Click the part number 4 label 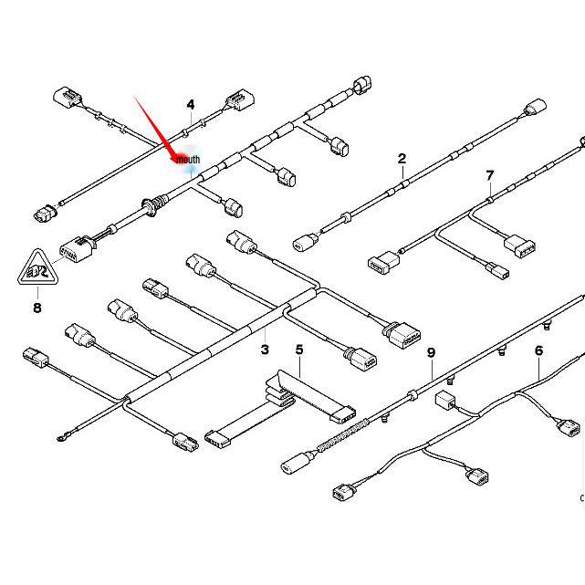pyautogui.click(x=191, y=105)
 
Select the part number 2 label pyautogui.click(x=402, y=159)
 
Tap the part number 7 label pyautogui.click(x=490, y=175)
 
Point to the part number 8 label pyautogui.click(x=37, y=308)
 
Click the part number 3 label pyautogui.click(x=265, y=350)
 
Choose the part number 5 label pyautogui.click(x=298, y=350)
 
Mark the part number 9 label pyautogui.click(x=431, y=352)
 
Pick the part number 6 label pyautogui.click(x=539, y=350)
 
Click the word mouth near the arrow pyautogui.click(x=188, y=160)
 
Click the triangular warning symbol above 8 pyautogui.click(x=37, y=269)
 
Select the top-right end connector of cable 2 pyautogui.click(x=535, y=110)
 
